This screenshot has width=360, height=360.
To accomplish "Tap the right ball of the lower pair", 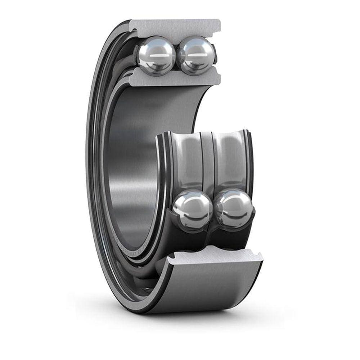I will (234, 208).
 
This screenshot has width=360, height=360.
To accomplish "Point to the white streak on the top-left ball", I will (158, 56).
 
